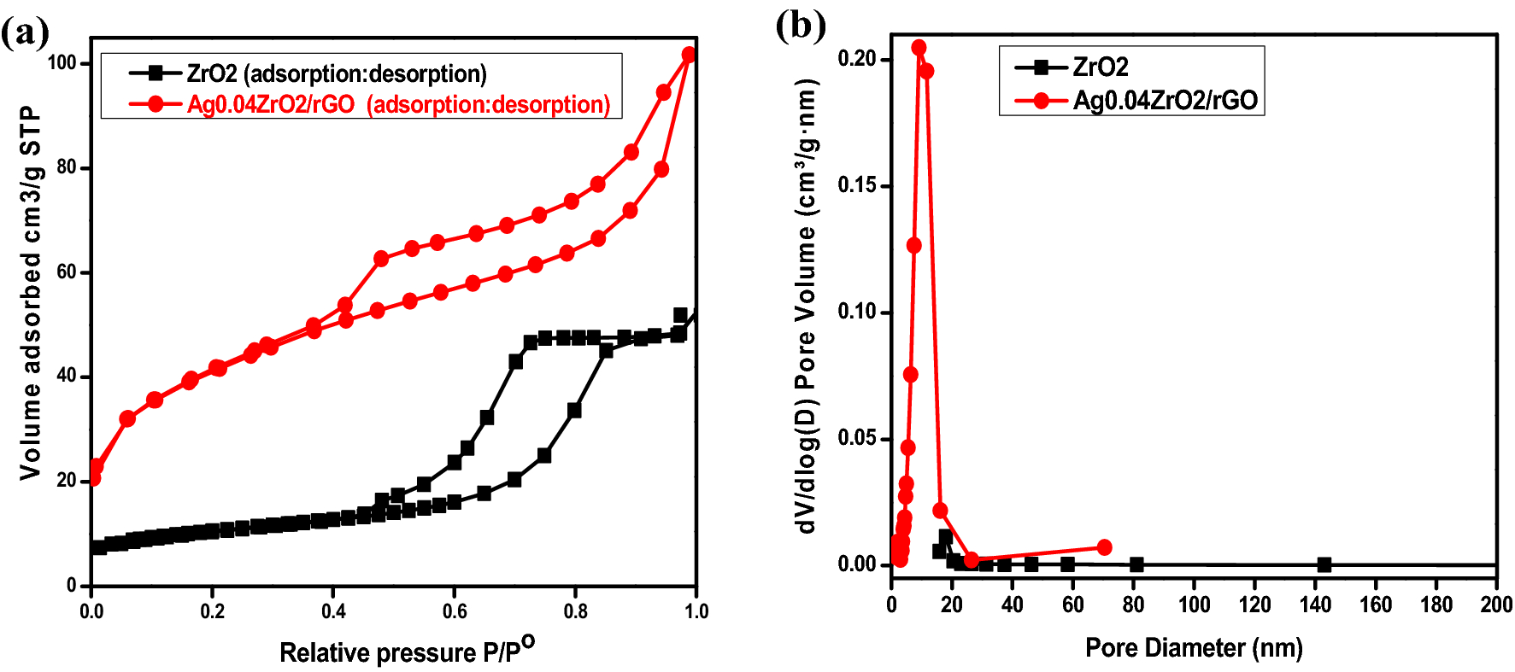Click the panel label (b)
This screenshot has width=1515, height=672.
point(800,25)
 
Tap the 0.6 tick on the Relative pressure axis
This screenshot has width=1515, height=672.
point(455,611)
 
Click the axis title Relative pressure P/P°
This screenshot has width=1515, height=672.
point(407,651)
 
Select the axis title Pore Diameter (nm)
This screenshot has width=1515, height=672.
point(1193,647)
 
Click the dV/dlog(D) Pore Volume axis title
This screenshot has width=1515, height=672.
point(807,306)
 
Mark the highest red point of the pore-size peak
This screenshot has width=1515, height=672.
point(919,48)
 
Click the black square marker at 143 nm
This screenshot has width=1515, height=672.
point(1324,564)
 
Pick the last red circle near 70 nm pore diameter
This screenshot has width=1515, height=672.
point(1104,546)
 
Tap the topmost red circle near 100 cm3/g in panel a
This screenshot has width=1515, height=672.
point(689,55)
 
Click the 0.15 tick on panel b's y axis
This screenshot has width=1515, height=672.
point(856,185)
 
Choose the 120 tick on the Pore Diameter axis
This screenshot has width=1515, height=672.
point(1254,605)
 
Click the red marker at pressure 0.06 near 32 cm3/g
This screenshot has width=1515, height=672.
point(127,418)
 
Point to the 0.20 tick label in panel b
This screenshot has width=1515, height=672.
point(856,59)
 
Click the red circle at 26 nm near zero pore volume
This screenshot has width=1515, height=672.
point(971,559)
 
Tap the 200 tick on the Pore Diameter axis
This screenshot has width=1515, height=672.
point(1495,605)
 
